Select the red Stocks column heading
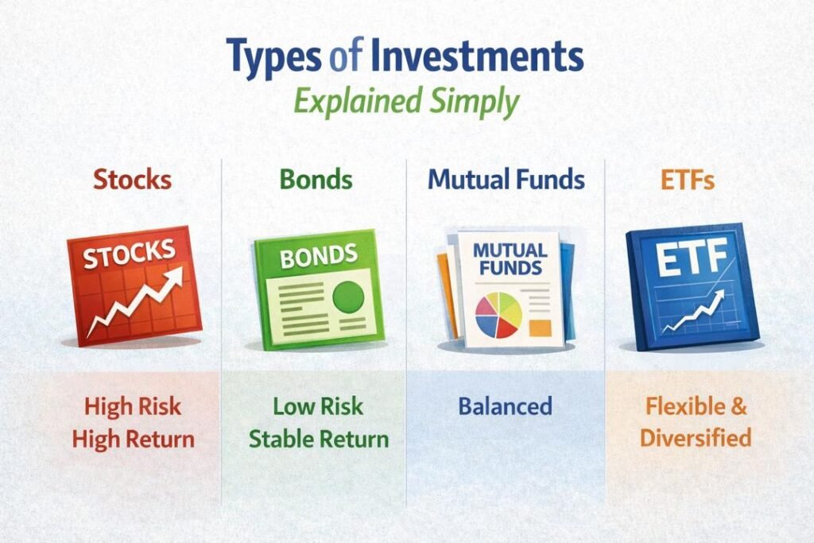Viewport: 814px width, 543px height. (x=132, y=179)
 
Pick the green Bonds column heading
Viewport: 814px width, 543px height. (x=316, y=179)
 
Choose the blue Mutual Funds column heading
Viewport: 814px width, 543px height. (x=506, y=179)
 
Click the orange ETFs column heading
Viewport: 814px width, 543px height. (x=688, y=180)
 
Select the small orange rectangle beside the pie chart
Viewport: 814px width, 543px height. (x=541, y=326)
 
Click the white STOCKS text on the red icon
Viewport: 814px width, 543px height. (x=129, y=255)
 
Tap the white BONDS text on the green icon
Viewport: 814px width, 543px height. (x=318, y=255)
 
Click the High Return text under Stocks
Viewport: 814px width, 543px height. (x=133, y=438)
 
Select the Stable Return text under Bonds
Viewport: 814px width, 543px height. (x=319, y=438)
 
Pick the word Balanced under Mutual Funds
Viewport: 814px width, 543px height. (x=505, y=406)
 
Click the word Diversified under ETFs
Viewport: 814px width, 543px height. (x=696, y=438)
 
